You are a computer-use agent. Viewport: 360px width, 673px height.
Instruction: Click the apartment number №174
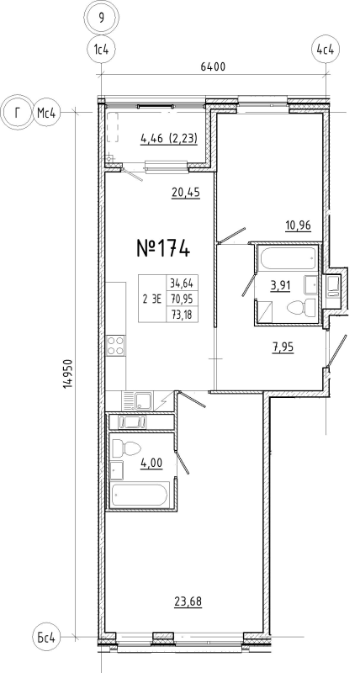[x=163, y=249]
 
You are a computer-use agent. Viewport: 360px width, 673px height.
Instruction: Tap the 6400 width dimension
[x=215, y=66]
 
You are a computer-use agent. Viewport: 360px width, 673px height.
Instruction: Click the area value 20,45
[x=185, y=191]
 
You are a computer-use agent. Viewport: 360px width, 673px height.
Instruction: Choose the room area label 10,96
[x=297, y=226]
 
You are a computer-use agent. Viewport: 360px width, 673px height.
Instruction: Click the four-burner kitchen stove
[x=115, y=347]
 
